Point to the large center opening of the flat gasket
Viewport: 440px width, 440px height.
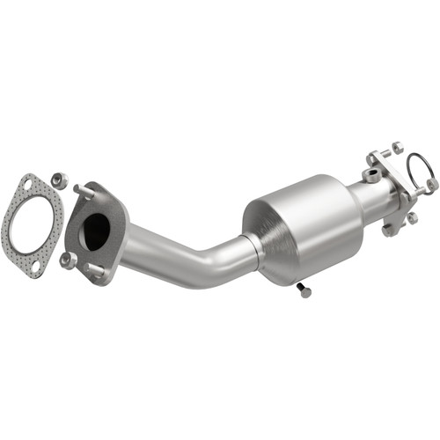pos(33,224)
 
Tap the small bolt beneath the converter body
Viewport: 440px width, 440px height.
pos(304,290)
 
